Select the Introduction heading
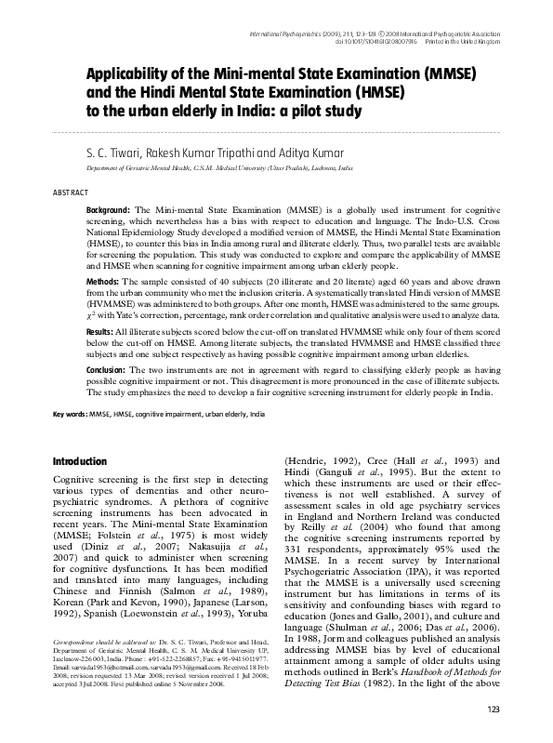80,461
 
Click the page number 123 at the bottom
493,710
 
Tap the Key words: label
70,412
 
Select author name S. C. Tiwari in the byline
112,151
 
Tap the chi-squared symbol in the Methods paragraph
89,315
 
